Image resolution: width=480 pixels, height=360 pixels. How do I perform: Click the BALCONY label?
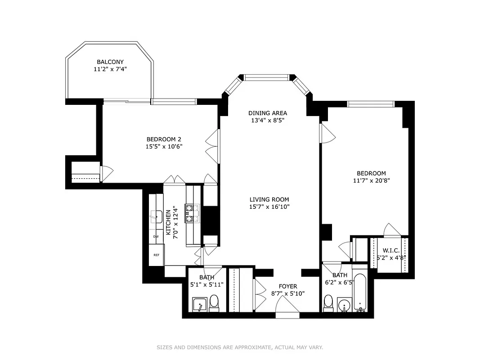(110, 62)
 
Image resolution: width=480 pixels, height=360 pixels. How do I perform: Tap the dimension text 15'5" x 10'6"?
(164, 146)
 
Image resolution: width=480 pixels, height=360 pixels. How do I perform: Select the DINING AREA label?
(268, 113)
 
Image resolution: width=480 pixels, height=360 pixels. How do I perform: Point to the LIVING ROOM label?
(269, 199)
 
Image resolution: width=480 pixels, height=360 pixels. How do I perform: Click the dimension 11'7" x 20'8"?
(371, 180)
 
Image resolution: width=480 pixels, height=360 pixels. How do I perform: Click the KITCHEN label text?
(169, 222)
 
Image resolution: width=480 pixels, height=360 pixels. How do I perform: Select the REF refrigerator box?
(157, 255)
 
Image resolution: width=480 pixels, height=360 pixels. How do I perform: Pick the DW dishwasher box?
(156, 236)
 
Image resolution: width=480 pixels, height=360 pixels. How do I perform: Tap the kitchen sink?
(156, 217)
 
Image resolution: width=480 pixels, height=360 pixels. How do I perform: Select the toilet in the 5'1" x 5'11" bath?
(214, 301)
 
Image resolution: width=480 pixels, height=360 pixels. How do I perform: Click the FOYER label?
(288, 286)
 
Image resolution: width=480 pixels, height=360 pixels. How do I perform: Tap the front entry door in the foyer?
(287, 310)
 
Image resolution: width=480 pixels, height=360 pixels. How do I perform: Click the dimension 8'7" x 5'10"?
(288, 293)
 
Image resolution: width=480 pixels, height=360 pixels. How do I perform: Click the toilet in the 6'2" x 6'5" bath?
(328, 301)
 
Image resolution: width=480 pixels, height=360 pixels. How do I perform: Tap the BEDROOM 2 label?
(164, 139)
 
